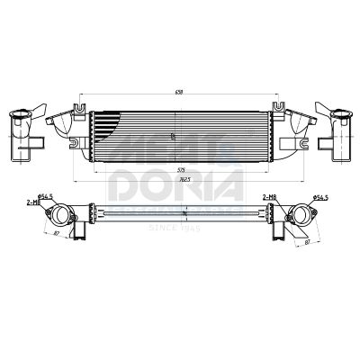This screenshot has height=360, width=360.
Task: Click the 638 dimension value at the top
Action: click(x=180, y=91)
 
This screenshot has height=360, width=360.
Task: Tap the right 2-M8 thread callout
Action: click(x=269, y=195)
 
